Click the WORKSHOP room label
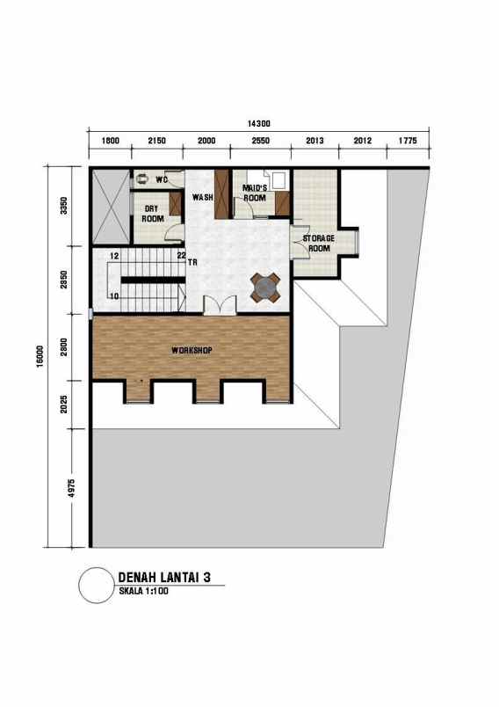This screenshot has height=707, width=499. pos(192,350)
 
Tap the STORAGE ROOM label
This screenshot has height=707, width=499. pos(318,244)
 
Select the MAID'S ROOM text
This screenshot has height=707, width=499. pos(255,193)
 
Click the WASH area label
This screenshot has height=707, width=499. pos(203,197)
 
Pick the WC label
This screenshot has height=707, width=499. pos(161,179)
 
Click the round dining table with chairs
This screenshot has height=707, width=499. pos(265,286)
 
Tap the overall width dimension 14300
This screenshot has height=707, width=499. pos(258,124)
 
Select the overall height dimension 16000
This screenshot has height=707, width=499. pos(41,355)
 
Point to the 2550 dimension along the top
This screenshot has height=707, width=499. pos(261,141)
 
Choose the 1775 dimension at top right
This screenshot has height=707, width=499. pos(408,141)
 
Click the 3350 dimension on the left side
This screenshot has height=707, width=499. pos(75,207)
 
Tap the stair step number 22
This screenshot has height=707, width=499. pos(181,256)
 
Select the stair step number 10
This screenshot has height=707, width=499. pos(114,296)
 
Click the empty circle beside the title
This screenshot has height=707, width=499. pos(95,585)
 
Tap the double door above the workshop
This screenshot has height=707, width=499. pos(220,305)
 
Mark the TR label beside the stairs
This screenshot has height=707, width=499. pos(192,262)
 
